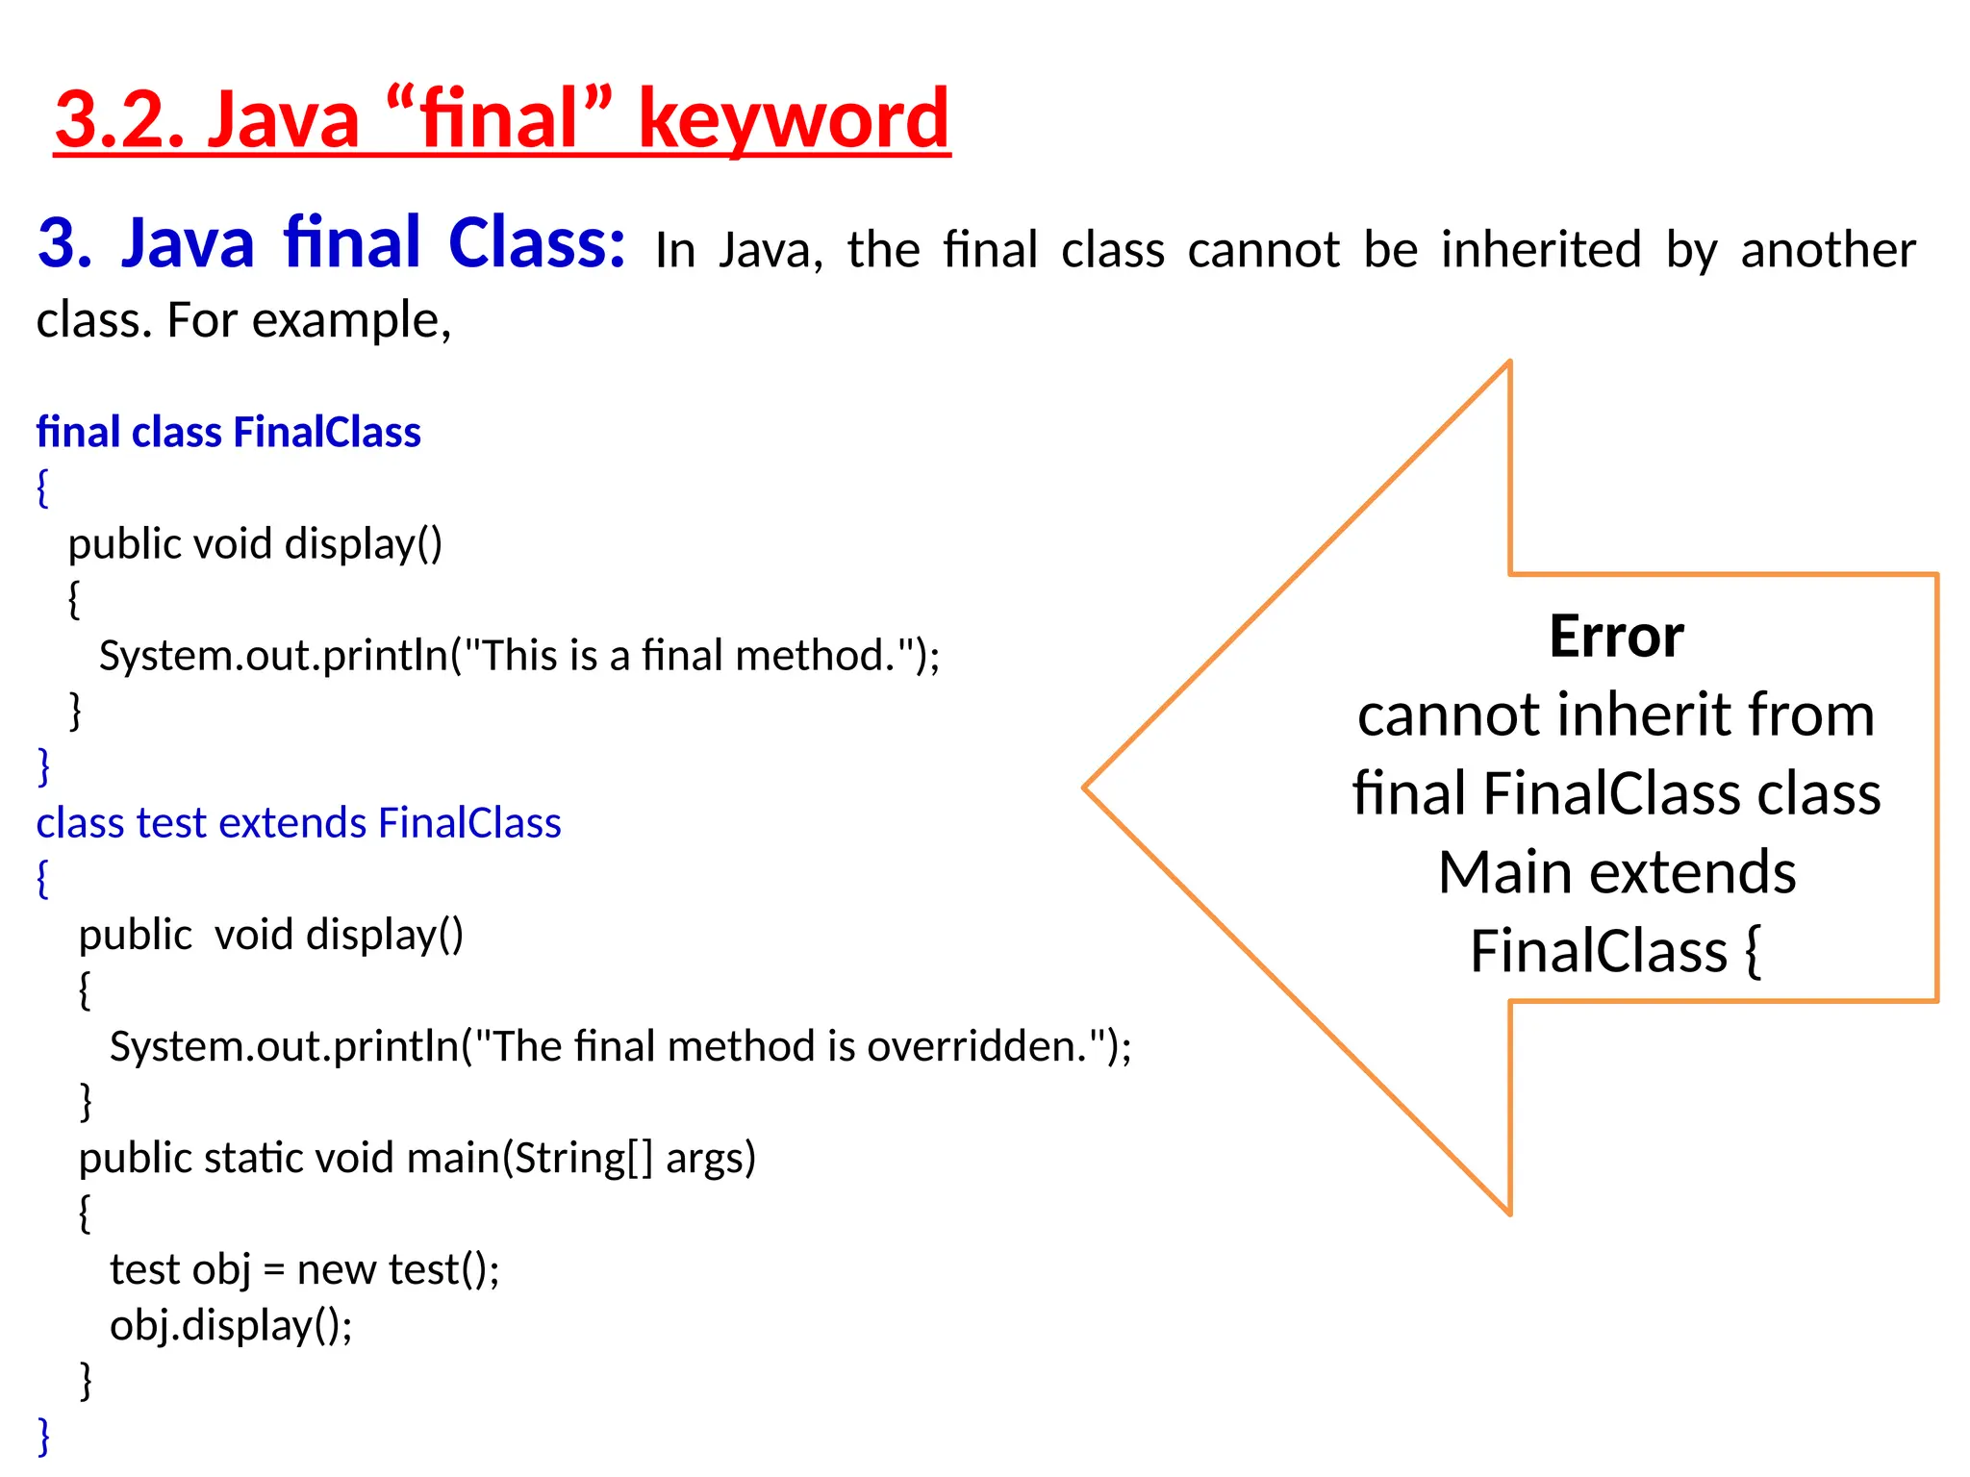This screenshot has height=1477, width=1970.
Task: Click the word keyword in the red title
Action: pyautogui.click(x=794, y=119)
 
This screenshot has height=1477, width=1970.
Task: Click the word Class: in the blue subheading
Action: pyautogui.click(x=537, y=242)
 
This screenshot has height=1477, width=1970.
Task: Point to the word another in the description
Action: pyautogui.click(x=1828, y=250)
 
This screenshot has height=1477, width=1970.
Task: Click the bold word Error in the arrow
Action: pyautogui.click(x=1616, y=637)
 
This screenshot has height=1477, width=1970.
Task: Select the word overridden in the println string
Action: pyautogui.click(x=976, y=1046)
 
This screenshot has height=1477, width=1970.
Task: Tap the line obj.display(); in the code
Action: pyautogui.click(x=231, y=1325)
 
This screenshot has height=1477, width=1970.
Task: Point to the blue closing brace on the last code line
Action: pyautogui.click(x=43, y=1436)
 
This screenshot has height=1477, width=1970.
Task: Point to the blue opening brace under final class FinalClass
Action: pyautogui.click(x=42, y=488)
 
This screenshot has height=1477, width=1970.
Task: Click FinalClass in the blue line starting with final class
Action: pyautogui.click(x=327, y=433)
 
